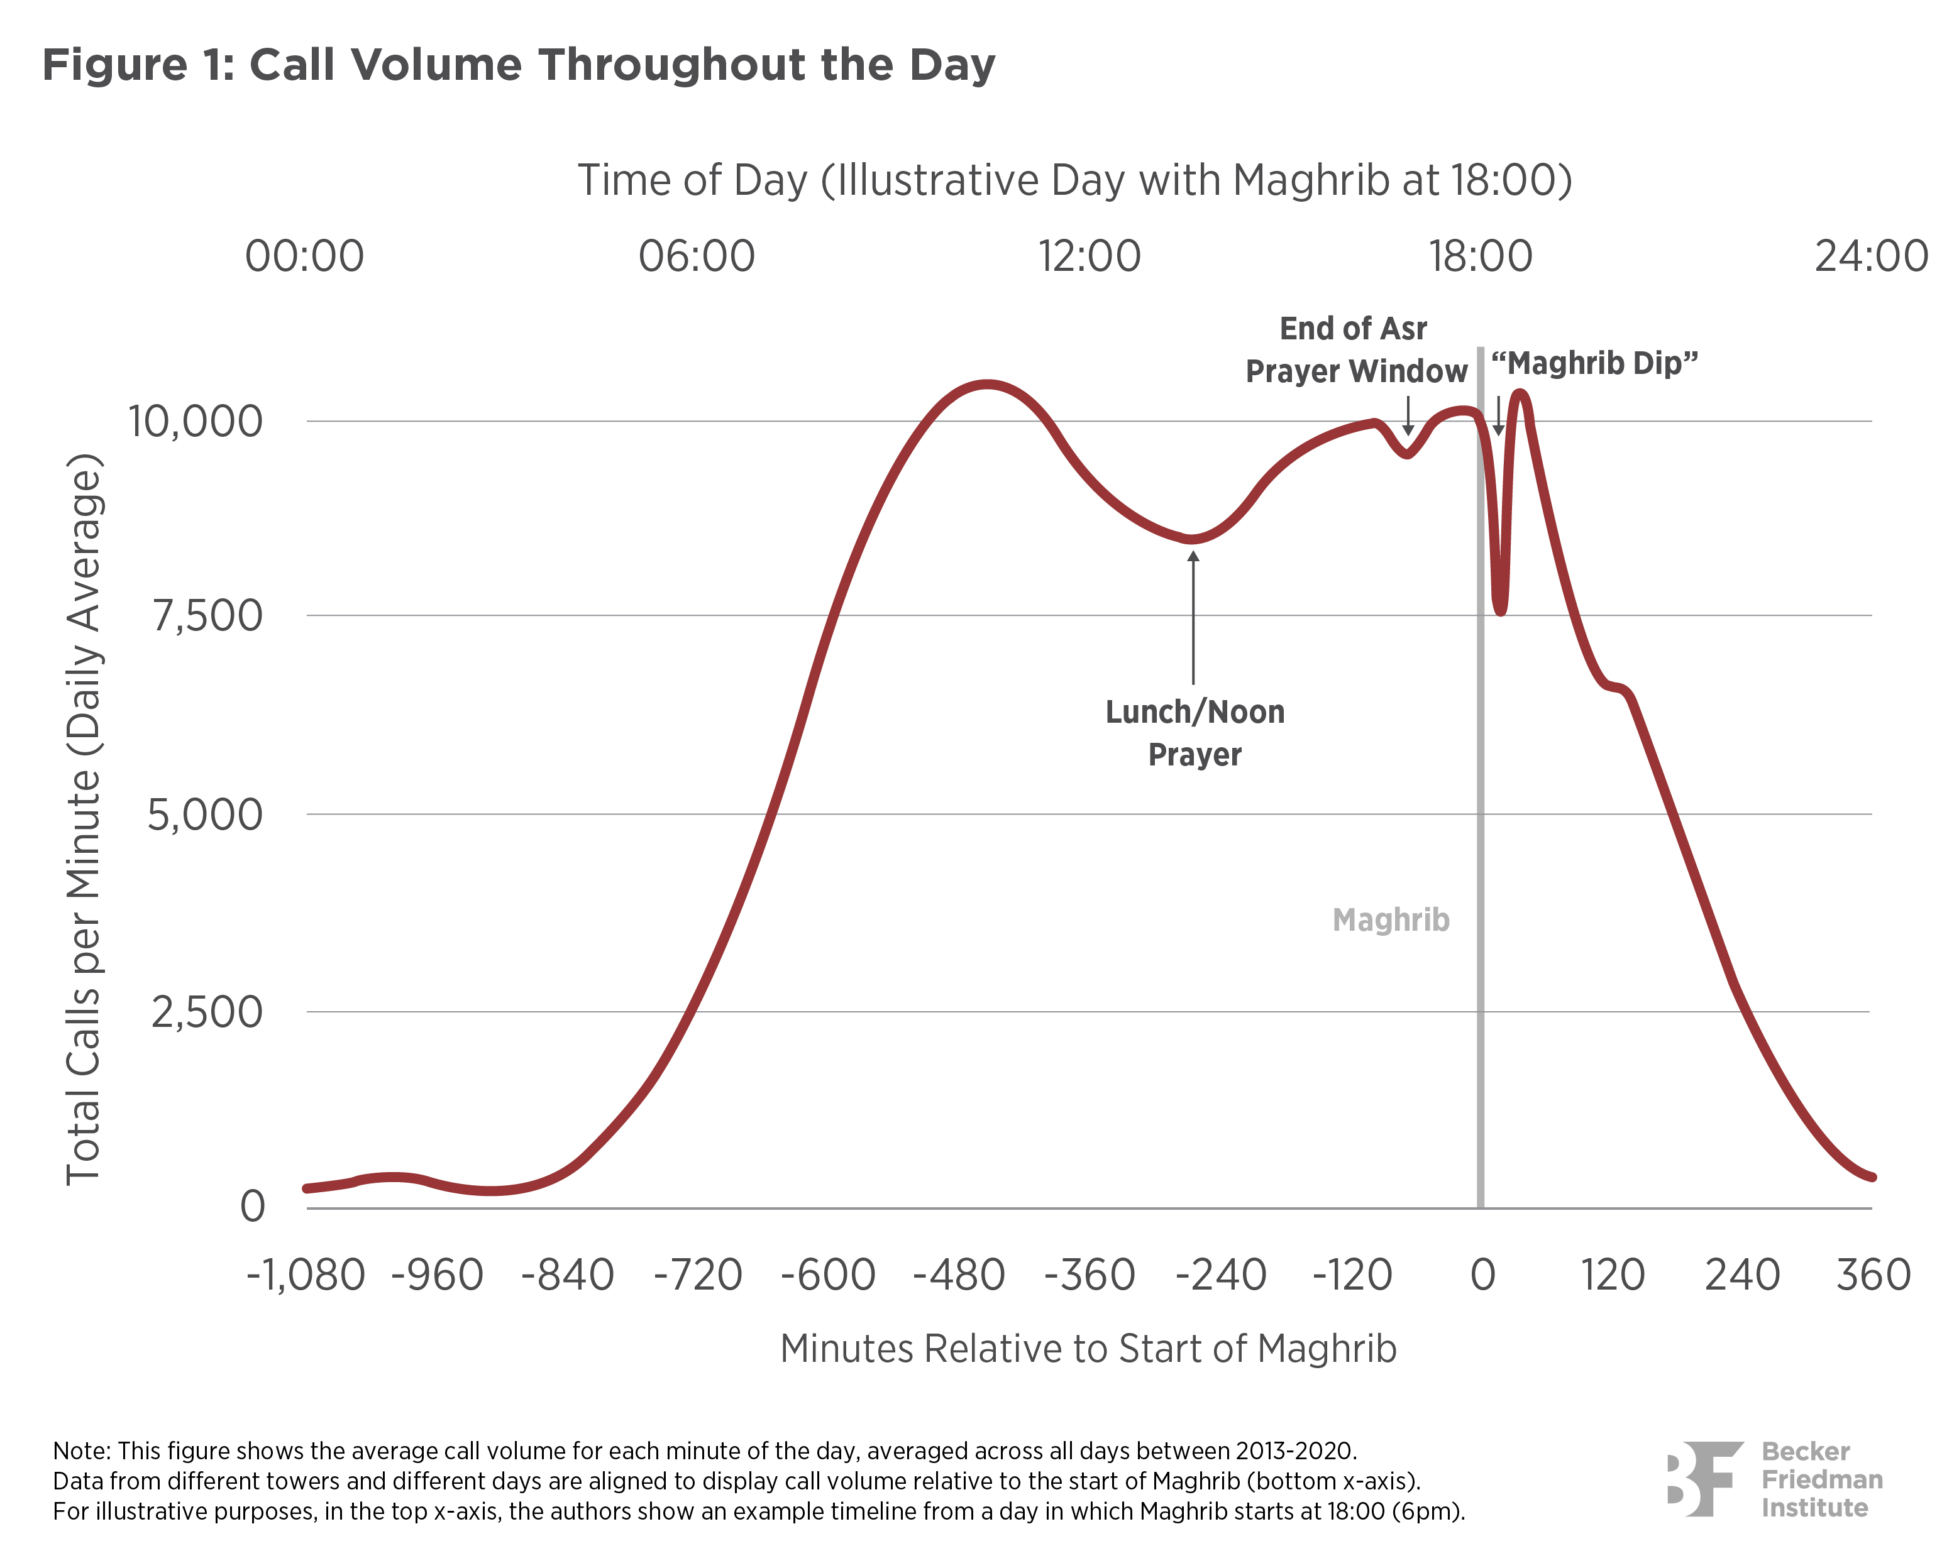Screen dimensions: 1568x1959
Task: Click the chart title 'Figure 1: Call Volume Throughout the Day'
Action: click(519, 65)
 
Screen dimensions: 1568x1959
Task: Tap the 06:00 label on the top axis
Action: click(696, 256)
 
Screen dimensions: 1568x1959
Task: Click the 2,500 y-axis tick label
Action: click(206, 1012)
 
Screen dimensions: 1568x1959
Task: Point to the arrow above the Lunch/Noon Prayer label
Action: click(1193, 618)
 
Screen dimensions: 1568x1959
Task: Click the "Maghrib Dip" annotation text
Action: click(1594, 363)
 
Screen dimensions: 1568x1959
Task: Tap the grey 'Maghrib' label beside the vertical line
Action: click(1390, 920)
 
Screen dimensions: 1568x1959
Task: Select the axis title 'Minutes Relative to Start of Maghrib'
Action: click(1088, 1349)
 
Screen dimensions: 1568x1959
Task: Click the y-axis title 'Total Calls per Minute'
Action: click(84, 818)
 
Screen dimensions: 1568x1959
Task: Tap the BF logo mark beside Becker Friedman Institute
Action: click(1704, 1478)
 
